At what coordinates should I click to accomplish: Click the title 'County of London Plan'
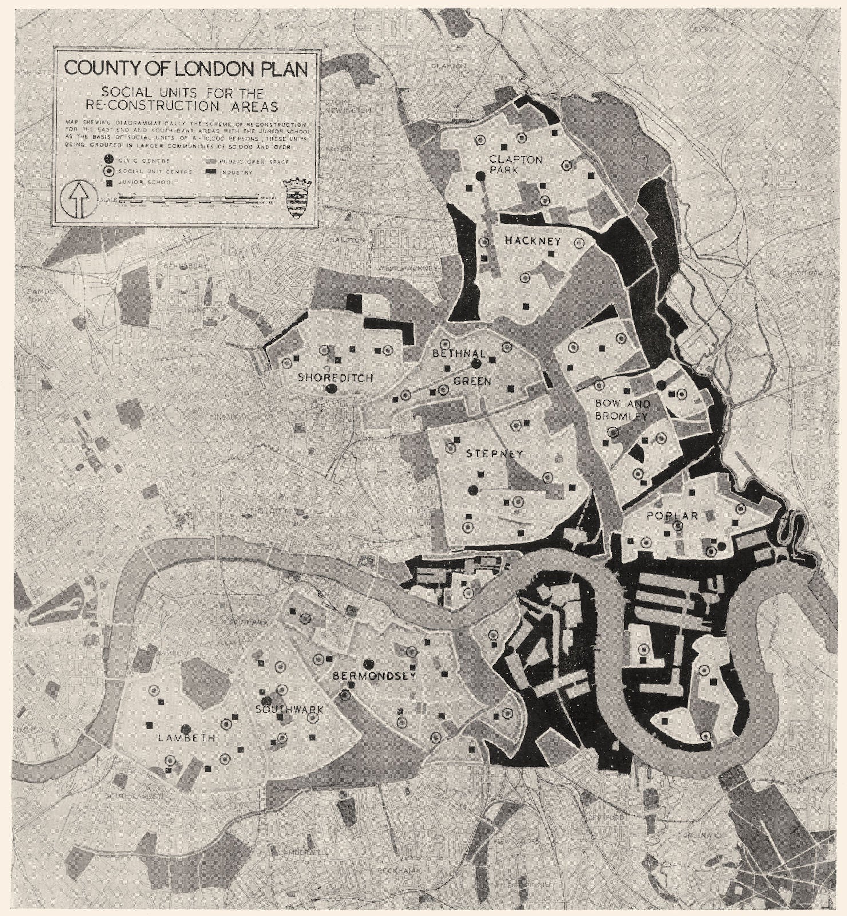point(186,68)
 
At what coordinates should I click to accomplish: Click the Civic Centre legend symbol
point(109,160)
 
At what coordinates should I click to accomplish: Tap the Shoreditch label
point(335,378)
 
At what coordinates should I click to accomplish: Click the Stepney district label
point(494,454)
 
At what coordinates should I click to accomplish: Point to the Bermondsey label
point(374,676)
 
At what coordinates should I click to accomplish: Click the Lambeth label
point(187,738)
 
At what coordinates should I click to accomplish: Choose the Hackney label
point(532,242)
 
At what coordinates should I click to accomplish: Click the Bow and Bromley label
point(621,409)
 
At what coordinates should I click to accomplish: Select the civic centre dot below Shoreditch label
point(331,389)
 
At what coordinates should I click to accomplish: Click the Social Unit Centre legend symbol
point(109,171)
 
